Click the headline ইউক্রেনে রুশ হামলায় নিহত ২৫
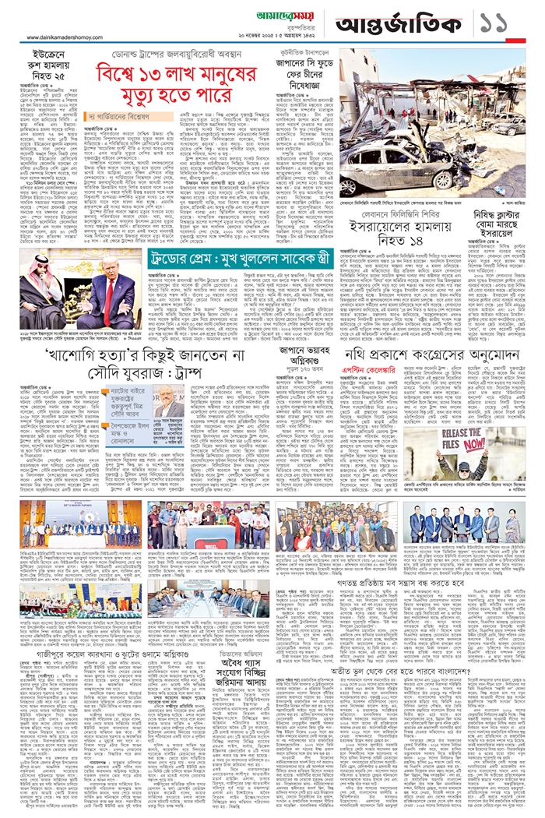(47, 68)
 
